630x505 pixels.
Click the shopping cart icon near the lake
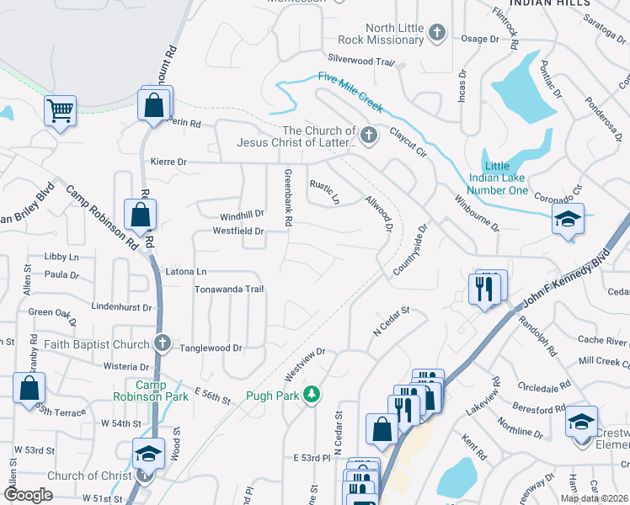60,109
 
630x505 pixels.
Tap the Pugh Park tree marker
312,393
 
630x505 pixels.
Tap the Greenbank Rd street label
287,198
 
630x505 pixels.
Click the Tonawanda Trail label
230,289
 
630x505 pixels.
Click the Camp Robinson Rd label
102,219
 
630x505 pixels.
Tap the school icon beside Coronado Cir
568,220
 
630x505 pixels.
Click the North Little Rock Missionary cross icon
436,34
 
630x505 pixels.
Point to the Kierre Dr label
168,161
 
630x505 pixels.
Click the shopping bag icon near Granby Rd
29,388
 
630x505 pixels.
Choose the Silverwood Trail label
360,61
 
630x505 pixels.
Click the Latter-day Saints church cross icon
368,136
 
